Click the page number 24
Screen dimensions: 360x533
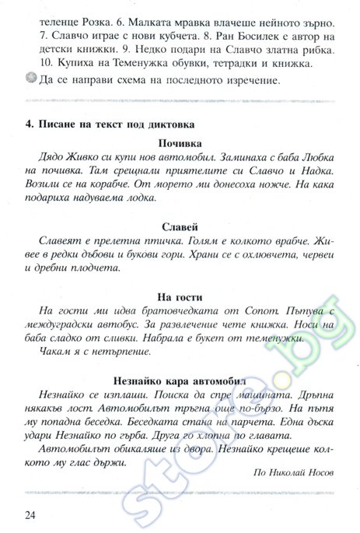[x=31, y=514]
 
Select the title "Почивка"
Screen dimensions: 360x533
[x=180, y=144]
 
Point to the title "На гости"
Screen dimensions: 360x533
[x=180, y=296]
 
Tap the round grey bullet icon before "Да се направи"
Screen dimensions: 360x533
[x=31, y=79]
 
